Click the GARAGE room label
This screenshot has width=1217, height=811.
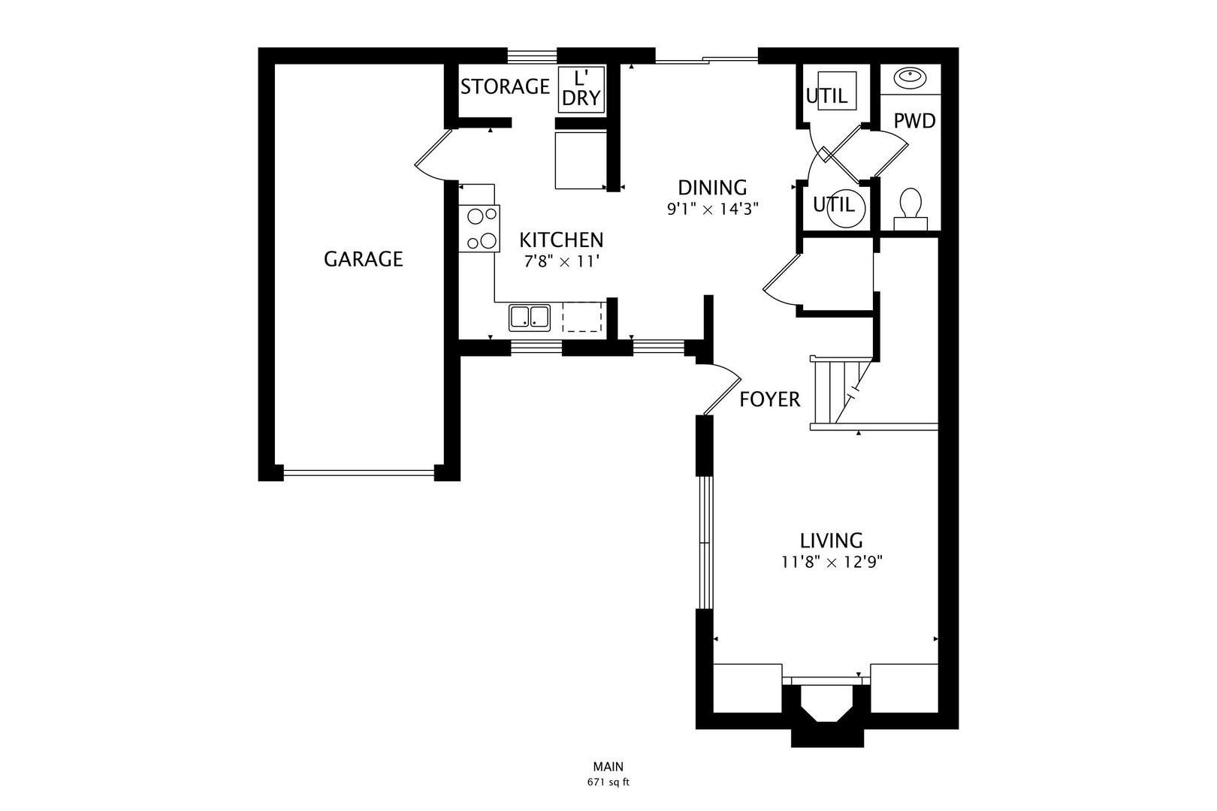coord(363,259)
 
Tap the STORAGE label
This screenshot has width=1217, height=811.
coord(505,87)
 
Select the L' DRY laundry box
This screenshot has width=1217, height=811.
coord(581,89)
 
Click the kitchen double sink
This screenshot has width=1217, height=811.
coord(530,317)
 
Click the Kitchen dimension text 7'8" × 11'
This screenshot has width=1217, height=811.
coord(561,261)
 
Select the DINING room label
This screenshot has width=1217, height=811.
coord(712,187)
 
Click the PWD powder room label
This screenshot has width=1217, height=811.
coord(914,121)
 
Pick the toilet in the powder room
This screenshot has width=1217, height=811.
coord(910,207)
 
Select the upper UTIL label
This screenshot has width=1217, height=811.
coord(826,96)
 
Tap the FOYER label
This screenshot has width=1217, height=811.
coord(769,399)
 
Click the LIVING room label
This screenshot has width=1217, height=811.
coord(831,541)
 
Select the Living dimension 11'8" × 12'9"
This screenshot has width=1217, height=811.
coord(831,562)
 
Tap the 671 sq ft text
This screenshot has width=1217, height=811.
coord(608,782)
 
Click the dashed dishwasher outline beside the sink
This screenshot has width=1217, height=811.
coord(582,317)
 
